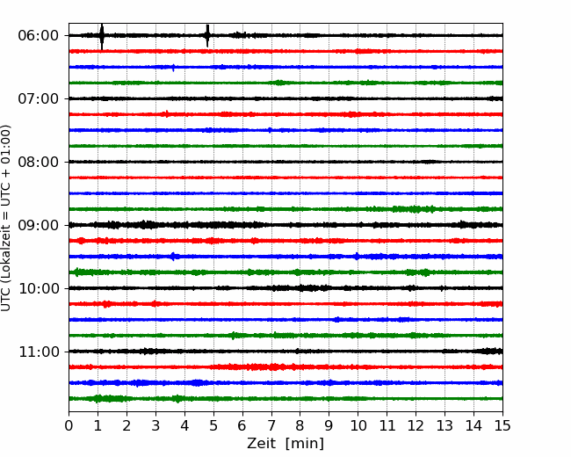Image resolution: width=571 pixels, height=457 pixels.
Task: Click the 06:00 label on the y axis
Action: pyautogui.click(x=39, y=36)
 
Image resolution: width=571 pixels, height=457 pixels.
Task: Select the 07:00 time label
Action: pyautogui.click(x=39, y=98)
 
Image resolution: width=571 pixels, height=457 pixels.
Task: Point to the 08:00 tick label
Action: pyautogui.click(x=39, y=162)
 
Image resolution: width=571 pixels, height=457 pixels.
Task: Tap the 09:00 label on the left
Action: pyautogui.click(x=39, y=225)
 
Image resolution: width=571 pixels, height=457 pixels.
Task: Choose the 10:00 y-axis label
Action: pyautogui.click(x=39, y=288)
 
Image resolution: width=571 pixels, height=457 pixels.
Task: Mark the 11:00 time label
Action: pyautogui.click(x=39, y=352)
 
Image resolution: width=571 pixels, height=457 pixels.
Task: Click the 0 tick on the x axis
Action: pyautogui.click(x=69, y=425)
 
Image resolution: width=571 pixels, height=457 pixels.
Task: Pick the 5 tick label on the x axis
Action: pyautogui.click(x=213, y=425)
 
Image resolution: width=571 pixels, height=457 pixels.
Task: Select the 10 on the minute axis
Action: pyautogui.click(x=358, y=425)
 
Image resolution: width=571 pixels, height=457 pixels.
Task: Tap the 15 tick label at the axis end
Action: pyautogui.click(x=502, y=425)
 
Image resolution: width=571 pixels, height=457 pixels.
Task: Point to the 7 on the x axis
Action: pyautogui.click(x=271, y=425)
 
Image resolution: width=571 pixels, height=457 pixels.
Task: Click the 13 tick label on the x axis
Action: pyautogui.click(x=445, y=425)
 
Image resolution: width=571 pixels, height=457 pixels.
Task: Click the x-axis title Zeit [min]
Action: pyautogui.click(x=285, y=444)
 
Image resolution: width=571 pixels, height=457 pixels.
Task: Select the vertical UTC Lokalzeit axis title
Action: pyautogui.click(x=6, y=218)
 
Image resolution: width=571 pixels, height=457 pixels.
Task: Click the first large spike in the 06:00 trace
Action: pyautogui.click(x=102, y=36)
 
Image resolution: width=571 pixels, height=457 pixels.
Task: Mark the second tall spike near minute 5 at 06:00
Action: pyautogui.click(x=207, y=36)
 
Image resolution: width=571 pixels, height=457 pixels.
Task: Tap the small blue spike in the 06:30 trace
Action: pyautogui.click(x=173, y=68)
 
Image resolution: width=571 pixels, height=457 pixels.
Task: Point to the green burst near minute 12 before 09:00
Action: pyautogui.click(x=415, y=209)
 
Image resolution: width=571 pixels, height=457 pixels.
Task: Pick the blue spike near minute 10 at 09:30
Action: pyautogui.click(x=357, y=257)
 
